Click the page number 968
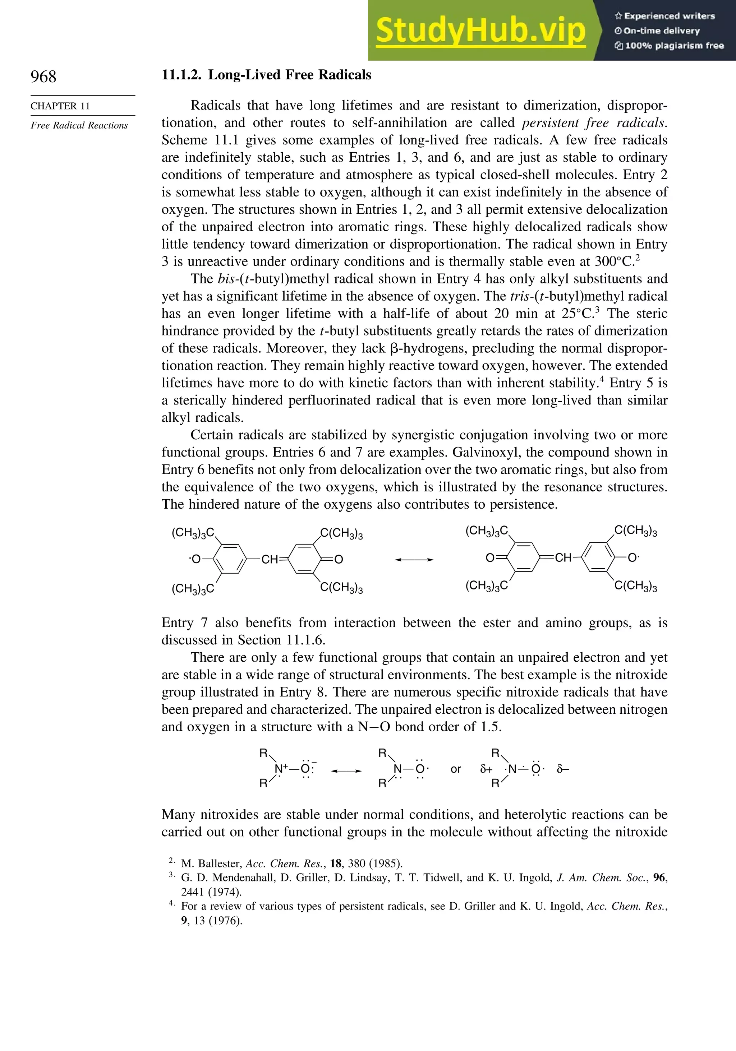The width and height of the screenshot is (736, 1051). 43,77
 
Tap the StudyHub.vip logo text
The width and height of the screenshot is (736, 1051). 480,30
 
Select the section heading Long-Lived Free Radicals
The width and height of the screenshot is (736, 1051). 289,75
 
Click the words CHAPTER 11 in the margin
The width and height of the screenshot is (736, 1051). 60,106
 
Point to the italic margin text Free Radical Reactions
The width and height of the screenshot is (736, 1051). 79,125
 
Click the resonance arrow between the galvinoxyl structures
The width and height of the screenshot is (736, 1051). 414,559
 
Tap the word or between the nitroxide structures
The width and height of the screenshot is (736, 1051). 455,769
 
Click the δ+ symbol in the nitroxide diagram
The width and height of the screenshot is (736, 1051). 486,769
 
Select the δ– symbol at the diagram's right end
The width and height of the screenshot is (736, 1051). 562,769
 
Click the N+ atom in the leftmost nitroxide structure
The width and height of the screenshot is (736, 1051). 280,769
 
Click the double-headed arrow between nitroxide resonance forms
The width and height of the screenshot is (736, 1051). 346,771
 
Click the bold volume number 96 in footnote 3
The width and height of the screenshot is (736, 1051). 659,878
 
